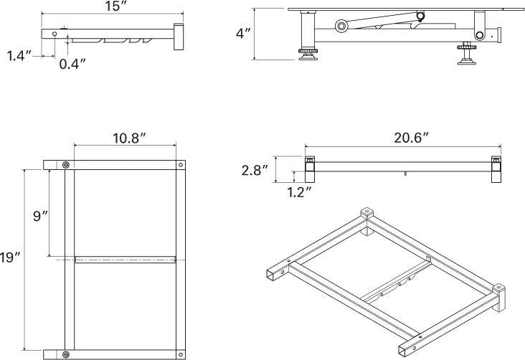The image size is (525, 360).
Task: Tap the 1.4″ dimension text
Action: (19, 56)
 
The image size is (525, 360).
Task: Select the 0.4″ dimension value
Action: (72, 64)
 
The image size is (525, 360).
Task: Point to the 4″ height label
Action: (243, 34)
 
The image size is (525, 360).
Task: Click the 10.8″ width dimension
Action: (129, 138)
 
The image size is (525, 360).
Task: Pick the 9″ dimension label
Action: (41, 216)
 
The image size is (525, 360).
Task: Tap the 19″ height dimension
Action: (10, 257)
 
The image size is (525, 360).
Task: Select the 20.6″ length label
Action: (411, 138)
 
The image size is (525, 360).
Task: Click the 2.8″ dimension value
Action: (255, 170)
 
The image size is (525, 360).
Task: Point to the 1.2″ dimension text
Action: (299, 192)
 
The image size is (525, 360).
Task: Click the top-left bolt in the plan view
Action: (66, 165)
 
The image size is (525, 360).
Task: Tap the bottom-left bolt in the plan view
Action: (66, 354)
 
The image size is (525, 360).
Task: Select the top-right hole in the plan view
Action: (181, 165)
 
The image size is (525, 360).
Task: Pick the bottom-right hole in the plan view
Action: (181, 354)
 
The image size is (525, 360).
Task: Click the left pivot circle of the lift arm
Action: (341, 26)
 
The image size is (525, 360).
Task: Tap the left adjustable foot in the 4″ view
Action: (308, 54)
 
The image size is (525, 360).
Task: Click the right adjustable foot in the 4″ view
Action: (467, 54)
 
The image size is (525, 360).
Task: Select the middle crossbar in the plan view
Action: (126, 260)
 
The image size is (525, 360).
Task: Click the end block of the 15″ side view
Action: (179, 37)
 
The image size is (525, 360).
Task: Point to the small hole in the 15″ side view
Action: (55, 34)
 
